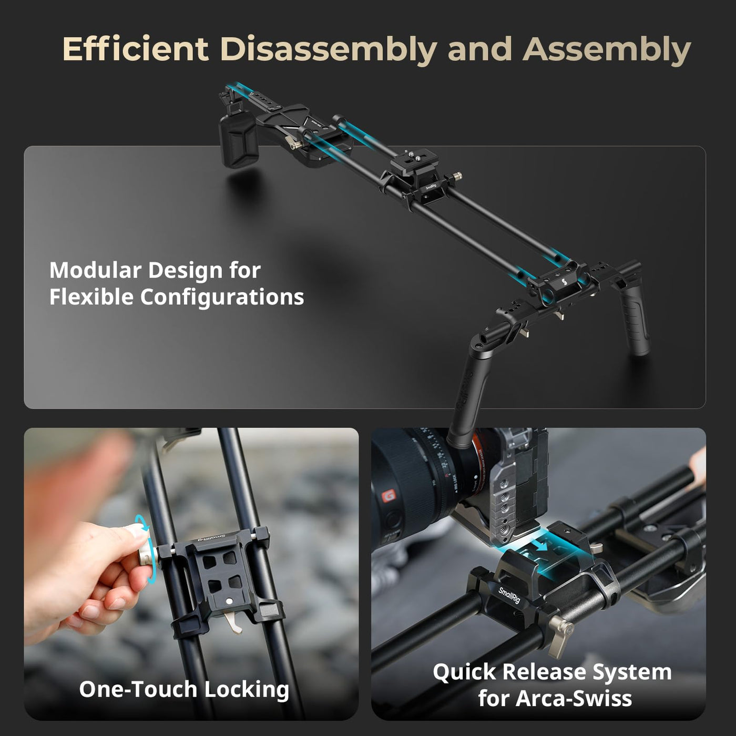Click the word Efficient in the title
pos(135,49)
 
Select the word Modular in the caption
pos(95,270)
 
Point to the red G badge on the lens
pos(389,496)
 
